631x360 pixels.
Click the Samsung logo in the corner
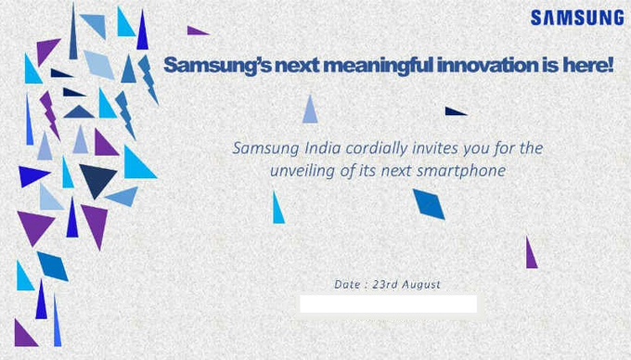click(x=577, y=18)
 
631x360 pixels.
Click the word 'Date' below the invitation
click(x=347, y=285)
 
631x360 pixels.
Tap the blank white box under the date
click(x=388, y=304)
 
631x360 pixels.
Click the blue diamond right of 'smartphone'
click(x=429, y=203)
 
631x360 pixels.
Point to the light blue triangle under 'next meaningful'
click(x=310, y=110)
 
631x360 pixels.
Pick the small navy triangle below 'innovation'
click(x=454, y=111)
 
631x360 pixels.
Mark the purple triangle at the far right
click(x=531, y=254)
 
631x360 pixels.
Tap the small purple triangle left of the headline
click(x=196, y=31)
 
